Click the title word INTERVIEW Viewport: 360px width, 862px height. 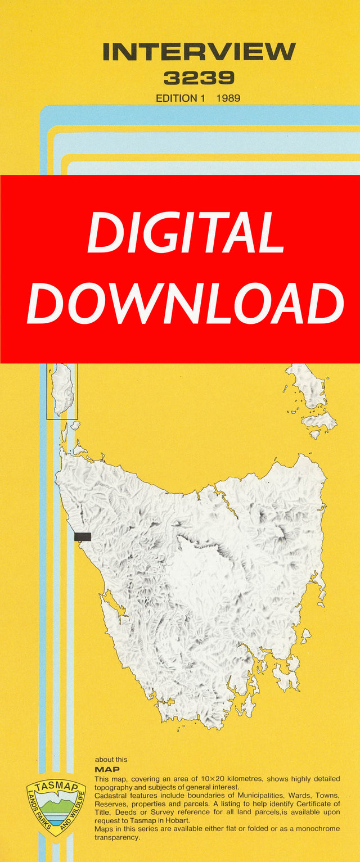199,52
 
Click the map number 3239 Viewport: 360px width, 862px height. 199,78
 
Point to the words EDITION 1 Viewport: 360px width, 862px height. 180,98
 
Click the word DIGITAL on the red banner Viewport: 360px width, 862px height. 186,232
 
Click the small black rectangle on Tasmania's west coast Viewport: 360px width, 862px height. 83,536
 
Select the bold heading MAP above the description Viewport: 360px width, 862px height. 107,769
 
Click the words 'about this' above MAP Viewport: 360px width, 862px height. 111,760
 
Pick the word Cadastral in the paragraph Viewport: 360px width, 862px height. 111,796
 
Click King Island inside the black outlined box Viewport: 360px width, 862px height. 62,388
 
